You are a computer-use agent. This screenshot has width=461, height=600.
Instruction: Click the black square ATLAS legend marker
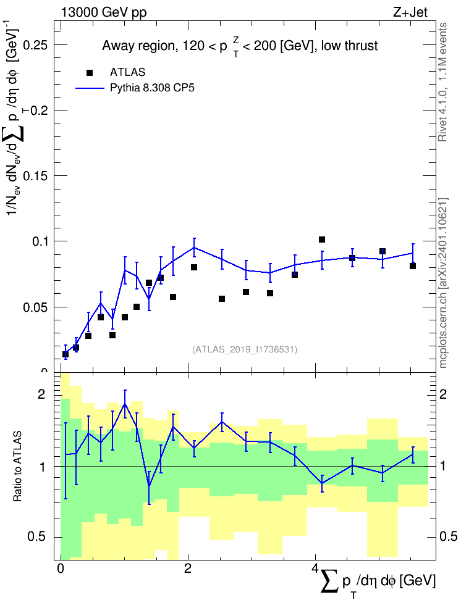(90, 73)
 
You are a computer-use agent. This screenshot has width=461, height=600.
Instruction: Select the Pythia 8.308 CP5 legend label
(152, 88)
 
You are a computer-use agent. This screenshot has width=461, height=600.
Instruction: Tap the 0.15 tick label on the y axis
(35, 176)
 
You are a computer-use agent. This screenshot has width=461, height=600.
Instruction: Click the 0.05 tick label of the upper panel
(35, 307)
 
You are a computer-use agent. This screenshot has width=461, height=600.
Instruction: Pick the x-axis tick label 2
(188, 569)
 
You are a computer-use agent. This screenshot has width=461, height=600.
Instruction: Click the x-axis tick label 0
(61, 569)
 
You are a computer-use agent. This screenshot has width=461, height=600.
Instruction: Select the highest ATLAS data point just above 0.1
(322, 240)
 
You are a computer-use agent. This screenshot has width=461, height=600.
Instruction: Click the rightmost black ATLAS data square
(413, 266)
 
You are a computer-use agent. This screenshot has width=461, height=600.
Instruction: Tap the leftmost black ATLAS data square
(66, 354)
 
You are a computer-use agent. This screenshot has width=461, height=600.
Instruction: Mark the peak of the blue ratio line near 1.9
(125, 403)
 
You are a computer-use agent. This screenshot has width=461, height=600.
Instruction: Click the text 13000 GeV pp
(104, 12)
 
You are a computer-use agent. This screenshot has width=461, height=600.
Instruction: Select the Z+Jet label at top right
(410, 12)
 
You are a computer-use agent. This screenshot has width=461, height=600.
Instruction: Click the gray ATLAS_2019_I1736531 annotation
(245, 349)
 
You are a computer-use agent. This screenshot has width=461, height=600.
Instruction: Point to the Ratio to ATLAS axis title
(17, 466)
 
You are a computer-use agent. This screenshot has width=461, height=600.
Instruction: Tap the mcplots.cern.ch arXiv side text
(443, 283)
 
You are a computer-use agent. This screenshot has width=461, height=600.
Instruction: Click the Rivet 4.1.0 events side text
(443, 82)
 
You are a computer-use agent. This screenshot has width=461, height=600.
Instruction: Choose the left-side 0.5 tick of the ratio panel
(37, 537)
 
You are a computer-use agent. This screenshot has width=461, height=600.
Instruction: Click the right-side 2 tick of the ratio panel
(443, 394)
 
